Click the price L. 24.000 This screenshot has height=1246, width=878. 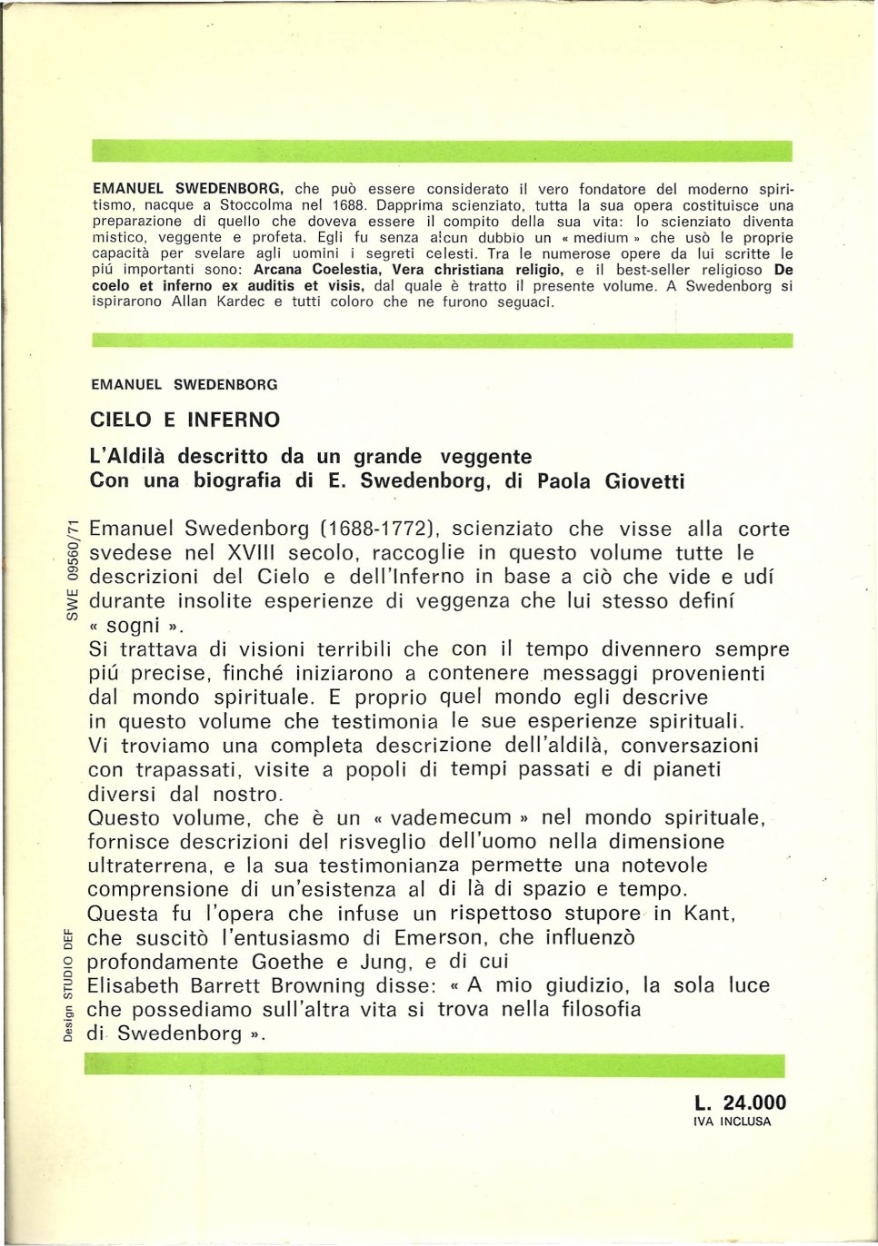point(740,1103)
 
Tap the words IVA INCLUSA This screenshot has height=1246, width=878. point(731,1122)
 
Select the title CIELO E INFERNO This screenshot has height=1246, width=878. point(185,420)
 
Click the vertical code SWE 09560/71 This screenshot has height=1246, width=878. point(74,569)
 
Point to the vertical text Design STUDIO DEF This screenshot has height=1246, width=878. point(68,984)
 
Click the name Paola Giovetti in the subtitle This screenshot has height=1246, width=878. point(610,481)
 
